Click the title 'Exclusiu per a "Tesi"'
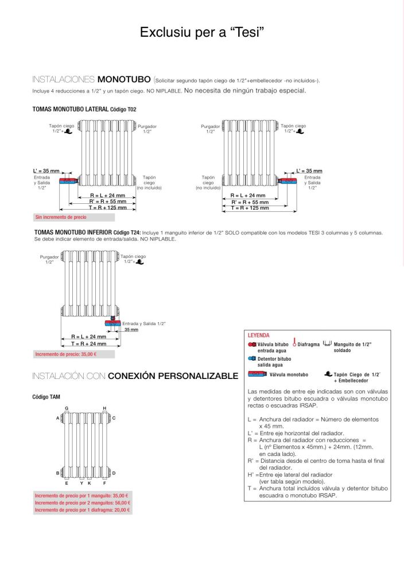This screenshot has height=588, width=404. coord(201,33)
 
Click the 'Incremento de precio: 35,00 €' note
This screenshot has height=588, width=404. coord(65,354)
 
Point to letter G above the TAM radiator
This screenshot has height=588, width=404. coord(67,408)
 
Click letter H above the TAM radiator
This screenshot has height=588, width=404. coord(104,408)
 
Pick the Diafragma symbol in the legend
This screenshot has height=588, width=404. coord(294,343)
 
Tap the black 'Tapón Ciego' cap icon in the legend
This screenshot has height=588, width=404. coord(327,374)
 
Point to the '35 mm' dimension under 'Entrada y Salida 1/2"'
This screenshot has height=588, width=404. coord(131,330)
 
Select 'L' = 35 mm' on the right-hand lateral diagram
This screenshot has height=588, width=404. coord(309,171)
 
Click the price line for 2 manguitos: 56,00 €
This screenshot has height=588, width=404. coord(81,502)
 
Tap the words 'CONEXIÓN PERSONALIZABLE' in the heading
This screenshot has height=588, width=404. coord(173,377)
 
